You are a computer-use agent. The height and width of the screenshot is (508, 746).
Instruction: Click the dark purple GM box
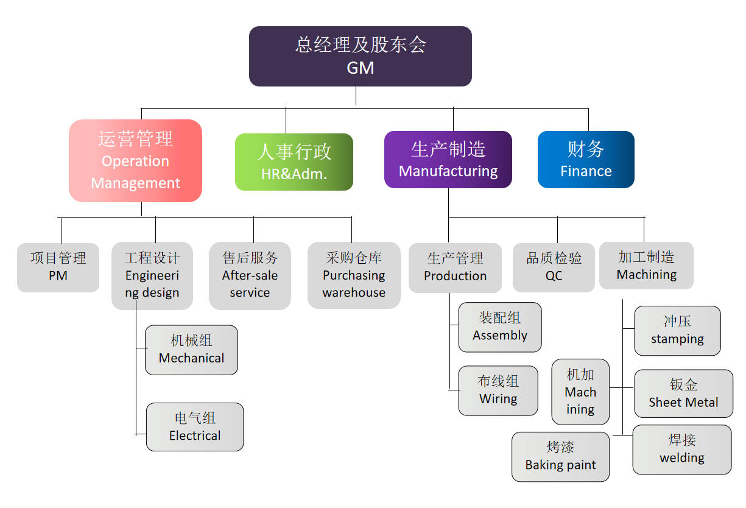click(x=360, y=56)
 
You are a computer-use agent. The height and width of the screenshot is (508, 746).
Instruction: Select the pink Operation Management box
click(x=135, y=161)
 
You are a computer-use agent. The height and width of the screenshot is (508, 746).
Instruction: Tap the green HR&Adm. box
click(x=294, y=162)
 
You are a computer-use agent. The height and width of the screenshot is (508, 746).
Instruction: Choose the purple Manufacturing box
click(x=448, y=160)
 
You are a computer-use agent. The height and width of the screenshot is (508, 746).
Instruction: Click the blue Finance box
click(x=586, y=160)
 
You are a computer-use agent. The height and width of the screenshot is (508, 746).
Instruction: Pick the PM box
click(x=58, y=267)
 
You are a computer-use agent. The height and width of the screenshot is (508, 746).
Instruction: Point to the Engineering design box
click(x=152, y=275)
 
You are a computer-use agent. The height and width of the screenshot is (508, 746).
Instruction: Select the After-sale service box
click(x=250, y=275)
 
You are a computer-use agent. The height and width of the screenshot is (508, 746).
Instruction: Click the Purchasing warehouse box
click(x=354, y=275)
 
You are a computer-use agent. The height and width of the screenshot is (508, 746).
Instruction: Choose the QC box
click(x=554, y=267)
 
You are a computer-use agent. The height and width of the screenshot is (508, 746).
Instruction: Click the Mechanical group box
click(x=191, y=350)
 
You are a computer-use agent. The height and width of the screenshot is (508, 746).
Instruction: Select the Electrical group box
click(x=195, y=427)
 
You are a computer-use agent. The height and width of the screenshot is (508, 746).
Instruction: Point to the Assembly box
click(x=500, y=327)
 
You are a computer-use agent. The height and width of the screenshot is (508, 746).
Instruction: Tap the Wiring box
click(x=498, y=390)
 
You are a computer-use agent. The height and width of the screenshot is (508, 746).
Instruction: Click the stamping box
click(x=677, y=331)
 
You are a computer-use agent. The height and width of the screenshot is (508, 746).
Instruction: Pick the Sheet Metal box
click(x=683, y=393)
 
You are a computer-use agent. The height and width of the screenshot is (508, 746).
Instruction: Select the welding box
click(x=682, y=450)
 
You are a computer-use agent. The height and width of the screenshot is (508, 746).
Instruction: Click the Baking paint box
click(x=560, y=457)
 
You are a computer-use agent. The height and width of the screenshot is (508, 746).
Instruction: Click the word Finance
click(x=586, y=171)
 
